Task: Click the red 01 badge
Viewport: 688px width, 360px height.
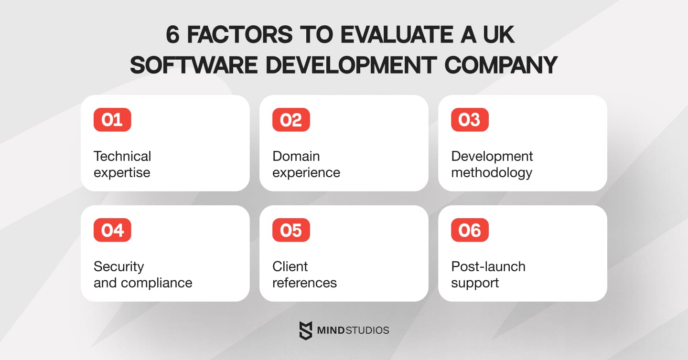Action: pyautogui.click(x=112, y=120)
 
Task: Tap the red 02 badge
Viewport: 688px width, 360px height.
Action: pyautogui.click(x=291, y=120)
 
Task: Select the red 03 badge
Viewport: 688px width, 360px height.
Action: pyautogui.click(x=470, y=120)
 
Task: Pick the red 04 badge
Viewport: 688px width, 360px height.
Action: pyautogui.click(x=112, y=230)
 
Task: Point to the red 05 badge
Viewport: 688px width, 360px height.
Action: pyautogui.click(x=291, y=230)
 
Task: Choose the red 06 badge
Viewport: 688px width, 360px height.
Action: pyautogui.click(x=470, y=230)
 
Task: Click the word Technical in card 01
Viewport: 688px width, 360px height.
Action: pyautogui.click(x=122, y=156)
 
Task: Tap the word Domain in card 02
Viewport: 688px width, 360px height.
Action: pyautogui.click(x=296, y=156)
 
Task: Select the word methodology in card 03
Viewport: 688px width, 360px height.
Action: pyautogui.click(x=492, y=172)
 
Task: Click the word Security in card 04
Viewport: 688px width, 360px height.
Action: pyautogui.click(x=118, y=266)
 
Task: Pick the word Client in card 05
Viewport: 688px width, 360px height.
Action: pyautogui.click(x=290, y=266)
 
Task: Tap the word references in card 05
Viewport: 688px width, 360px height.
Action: pyautogui.click(x=304, y=283)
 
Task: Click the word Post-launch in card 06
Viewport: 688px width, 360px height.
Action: pyautogui.click(x=488, y=266)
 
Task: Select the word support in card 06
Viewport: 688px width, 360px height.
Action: pyautogui.click(x=475, y=283)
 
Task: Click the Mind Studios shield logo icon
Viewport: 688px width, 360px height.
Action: pyautogui.click(x=305, y=330)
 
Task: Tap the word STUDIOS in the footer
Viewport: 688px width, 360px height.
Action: pyautogui.click(x=365, y=330)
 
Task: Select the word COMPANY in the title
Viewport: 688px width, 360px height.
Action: pyautogui.click(x=501, y=65)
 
